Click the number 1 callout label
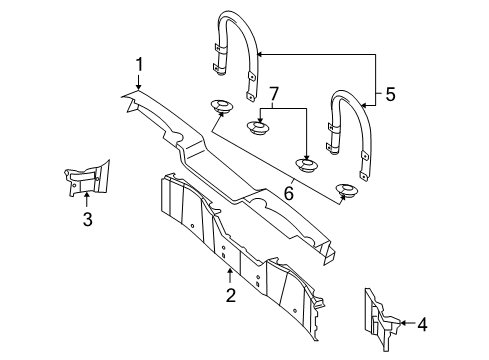click(139, 66)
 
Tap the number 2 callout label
click(230, 295)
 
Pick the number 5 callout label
click(390, 95)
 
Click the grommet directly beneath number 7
click(259, 126)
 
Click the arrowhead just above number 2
click(230, 273)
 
